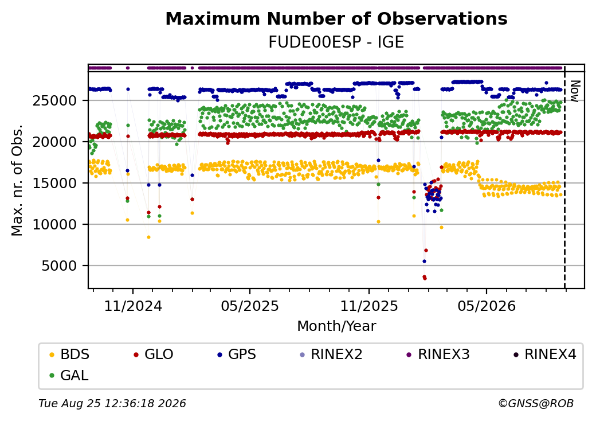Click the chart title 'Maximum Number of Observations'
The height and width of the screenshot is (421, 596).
tap(336, 18)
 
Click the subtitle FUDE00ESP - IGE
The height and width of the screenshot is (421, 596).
tap(336, 42)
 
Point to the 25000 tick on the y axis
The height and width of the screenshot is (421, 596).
tap(55, 101)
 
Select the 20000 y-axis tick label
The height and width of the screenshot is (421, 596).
tap(55, 142)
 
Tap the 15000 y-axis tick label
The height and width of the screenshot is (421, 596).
tap(55, 184)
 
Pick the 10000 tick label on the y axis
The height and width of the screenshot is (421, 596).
tap(55, 224)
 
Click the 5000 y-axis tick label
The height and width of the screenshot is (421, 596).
tap(60, 266)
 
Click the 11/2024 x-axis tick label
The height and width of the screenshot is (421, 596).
tap(133, 306)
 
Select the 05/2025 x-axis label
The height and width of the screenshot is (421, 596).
tap(250, 306)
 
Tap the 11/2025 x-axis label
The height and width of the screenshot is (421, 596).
tap(368, 306)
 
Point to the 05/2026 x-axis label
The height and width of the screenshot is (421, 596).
tap(487, 306)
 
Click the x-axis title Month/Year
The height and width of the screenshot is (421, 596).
tap(336, 326)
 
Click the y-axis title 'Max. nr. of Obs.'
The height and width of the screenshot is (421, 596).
tap(17, 180)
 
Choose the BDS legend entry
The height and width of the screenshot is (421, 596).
tap(70, 354)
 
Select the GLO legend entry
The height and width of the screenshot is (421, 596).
tap(154, 354)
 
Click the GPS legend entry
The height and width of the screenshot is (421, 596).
tap(237, 354)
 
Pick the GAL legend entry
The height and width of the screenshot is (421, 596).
tap(70, 375)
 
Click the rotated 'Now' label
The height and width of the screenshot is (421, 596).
tap(575, 91)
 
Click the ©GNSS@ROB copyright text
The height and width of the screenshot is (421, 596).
tap(536, 403)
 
